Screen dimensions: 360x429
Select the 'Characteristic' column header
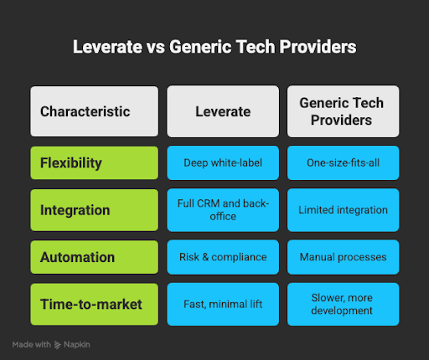pyautogui.click(x=94, y=111)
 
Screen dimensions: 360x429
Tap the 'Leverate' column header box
pyautogui.click(x=221, y=111)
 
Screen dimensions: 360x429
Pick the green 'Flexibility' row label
pyautogui.click(x=94, y=163)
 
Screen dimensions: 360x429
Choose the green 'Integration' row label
pyautogui.click(x=94, y=209)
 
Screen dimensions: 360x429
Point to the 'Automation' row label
pyautogui.click(x=94, y=255)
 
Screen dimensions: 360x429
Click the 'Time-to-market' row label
pyautogui.click(x=94, y=303)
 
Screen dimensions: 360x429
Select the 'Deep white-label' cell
pyautogui.click(x=221, y=163)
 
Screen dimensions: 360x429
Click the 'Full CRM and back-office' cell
pyautogui.click(x=221, y=209)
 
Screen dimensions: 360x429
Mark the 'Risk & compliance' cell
pyautogui.click(x=221, y=255)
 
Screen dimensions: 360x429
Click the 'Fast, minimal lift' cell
pyautogui.click(x=221, y=303)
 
